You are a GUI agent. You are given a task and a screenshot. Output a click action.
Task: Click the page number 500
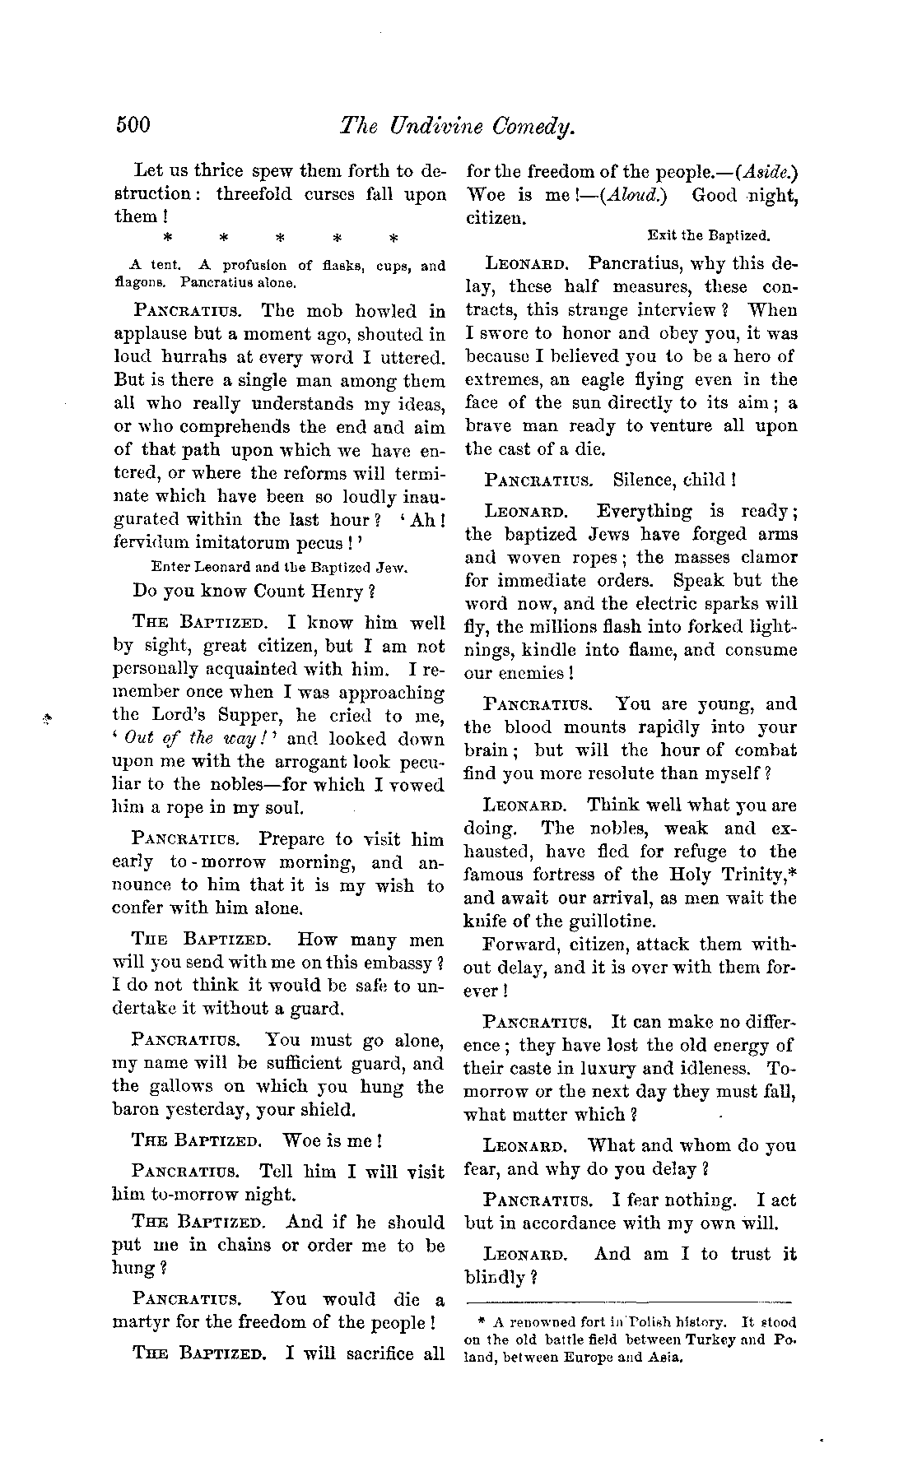point(132,126)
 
